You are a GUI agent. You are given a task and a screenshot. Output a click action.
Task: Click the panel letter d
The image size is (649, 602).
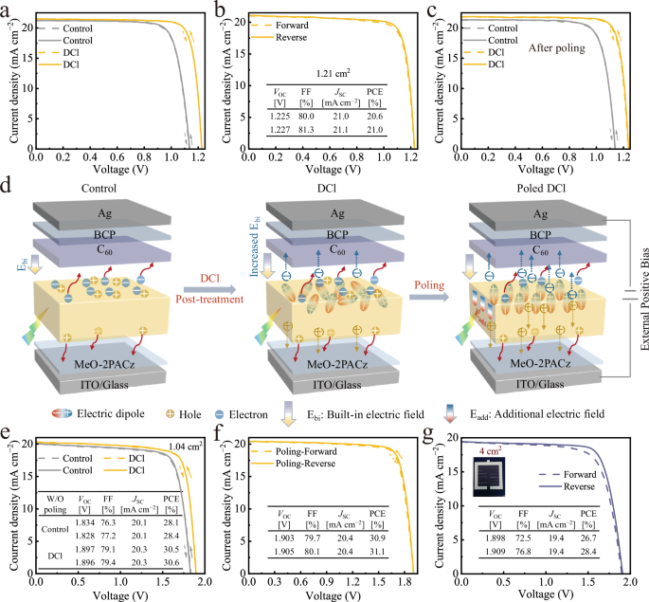(9, 179)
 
